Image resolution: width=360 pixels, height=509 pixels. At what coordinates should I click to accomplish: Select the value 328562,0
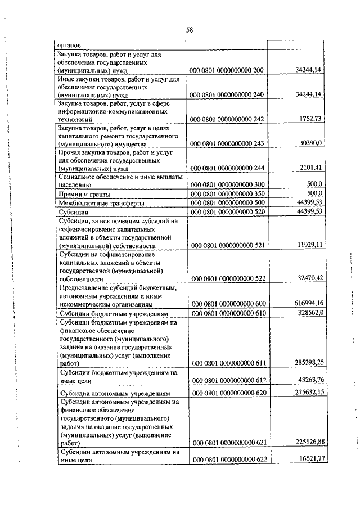pos(305,313)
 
